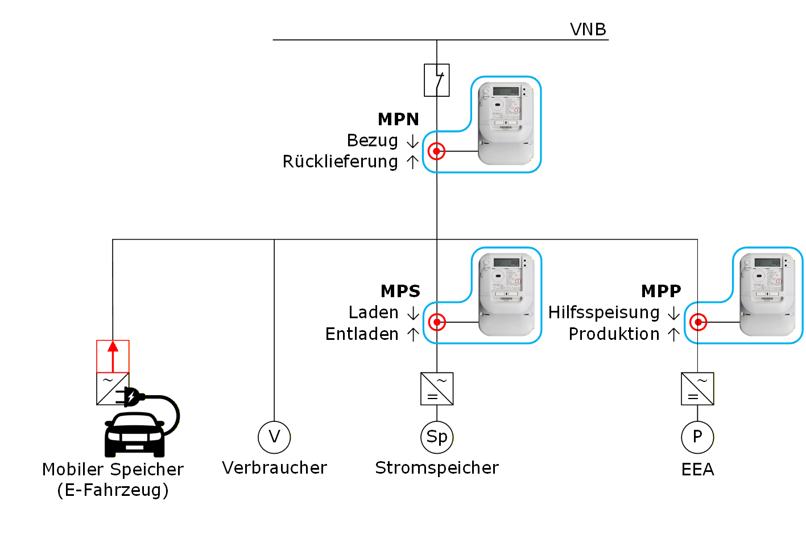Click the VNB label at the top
click(x=588, y=29)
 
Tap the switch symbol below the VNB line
click(x=437, y=80)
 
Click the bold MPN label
click(x=398, y=119)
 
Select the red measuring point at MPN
click(x=436, y=151)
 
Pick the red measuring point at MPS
click(x=436, y=322)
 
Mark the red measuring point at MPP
click(x=698, y=322)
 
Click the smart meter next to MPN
click(x=506, y=123)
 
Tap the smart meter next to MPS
click(x=506, y=294)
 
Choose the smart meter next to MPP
click(x=767, y=294)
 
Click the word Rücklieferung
click(x=340, y=162)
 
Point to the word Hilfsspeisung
click(x=604, y=313)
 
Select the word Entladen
click(x=362, y=334)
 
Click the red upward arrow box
click(x=113, y=356)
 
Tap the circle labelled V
click(x=274, y=437)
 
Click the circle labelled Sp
click(x=437, y=437)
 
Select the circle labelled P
click(x=697, y=437)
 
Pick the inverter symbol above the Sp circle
click(x=437, y=389)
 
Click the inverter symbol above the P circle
click(x=697, y=389)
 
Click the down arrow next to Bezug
click(x=412, y=141)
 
